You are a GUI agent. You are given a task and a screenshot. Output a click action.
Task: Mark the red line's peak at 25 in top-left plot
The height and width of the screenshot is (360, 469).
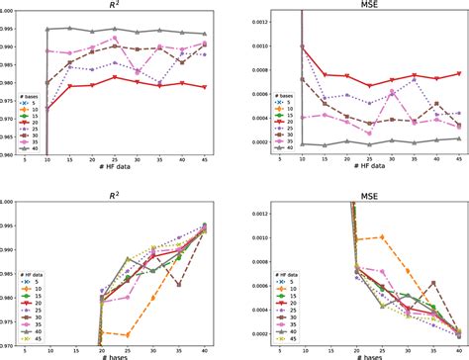(116, 77)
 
